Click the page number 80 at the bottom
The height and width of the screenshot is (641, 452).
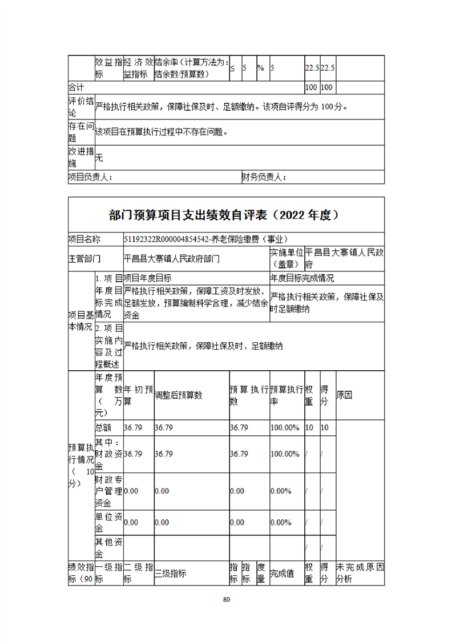226,599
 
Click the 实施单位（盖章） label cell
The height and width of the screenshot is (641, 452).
286,258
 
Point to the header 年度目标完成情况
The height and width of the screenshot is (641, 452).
302,278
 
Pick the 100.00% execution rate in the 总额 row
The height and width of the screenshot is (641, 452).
285,427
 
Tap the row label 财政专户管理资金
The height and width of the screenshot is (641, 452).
108,491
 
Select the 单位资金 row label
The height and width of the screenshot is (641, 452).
108,522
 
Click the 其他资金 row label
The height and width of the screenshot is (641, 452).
108,548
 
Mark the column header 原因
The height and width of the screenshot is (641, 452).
345,395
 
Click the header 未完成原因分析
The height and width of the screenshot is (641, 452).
360,573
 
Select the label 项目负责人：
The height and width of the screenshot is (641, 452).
90,178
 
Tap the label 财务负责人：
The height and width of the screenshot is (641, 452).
264,178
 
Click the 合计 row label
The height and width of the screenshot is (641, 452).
76,87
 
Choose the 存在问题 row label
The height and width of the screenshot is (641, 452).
80,132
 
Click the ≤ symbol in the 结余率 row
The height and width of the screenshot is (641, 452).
233,68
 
